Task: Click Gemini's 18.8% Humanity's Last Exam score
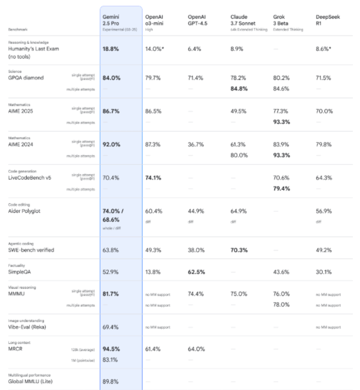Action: click(110, 49)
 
